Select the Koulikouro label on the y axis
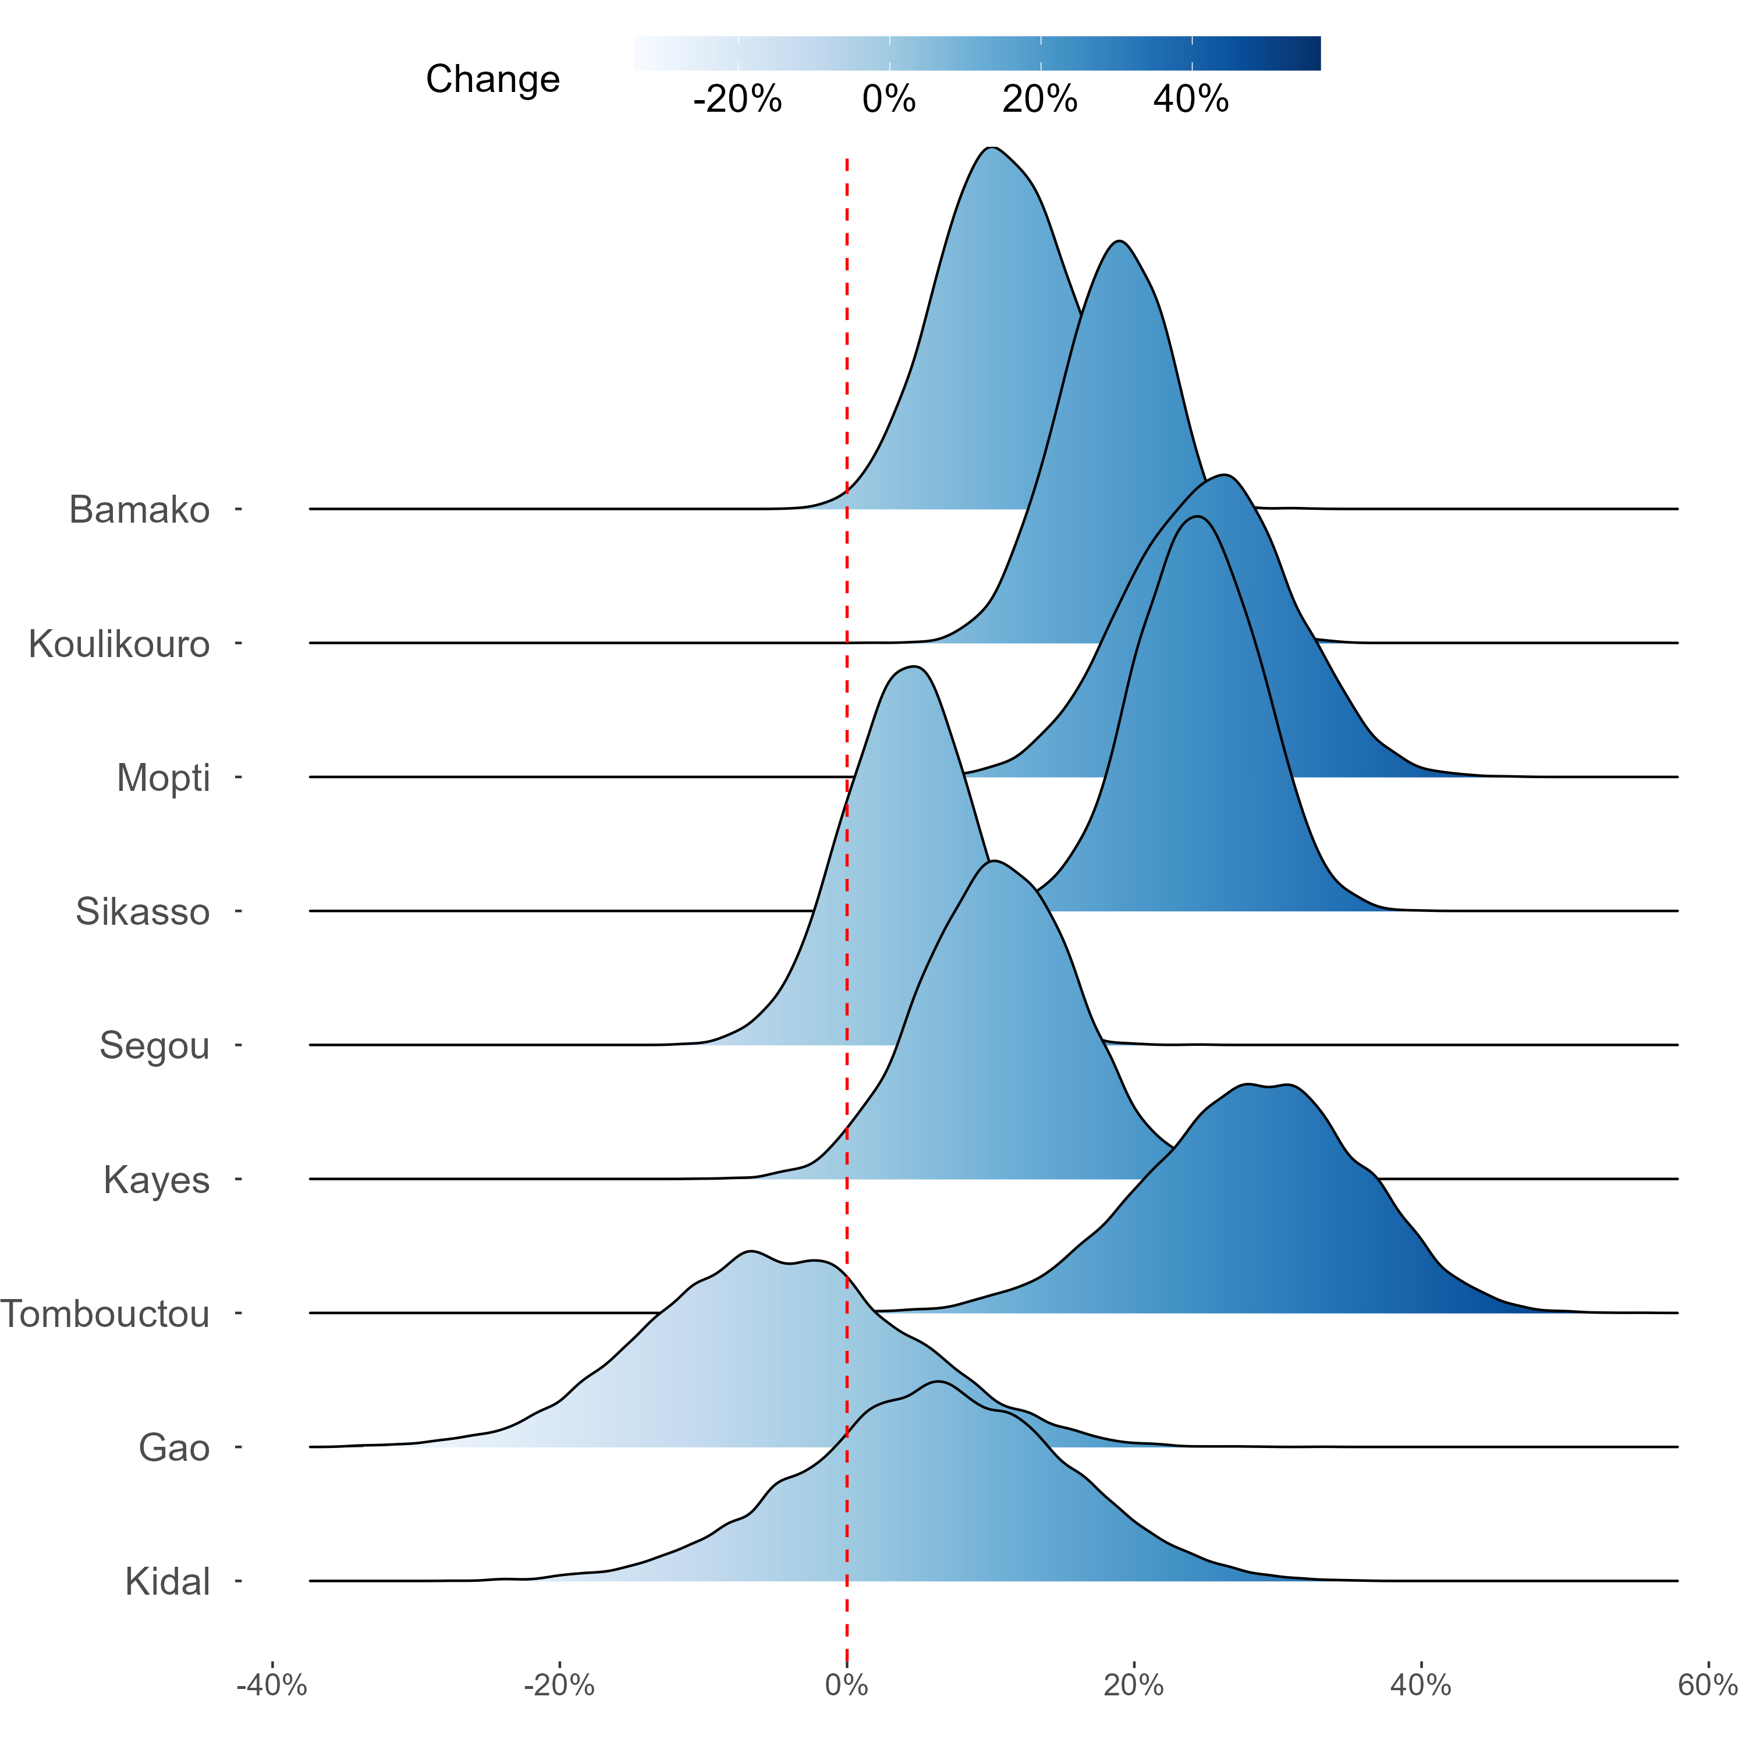pos(119,644)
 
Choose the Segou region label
pos(155,1046)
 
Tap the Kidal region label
pos(168,1581)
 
